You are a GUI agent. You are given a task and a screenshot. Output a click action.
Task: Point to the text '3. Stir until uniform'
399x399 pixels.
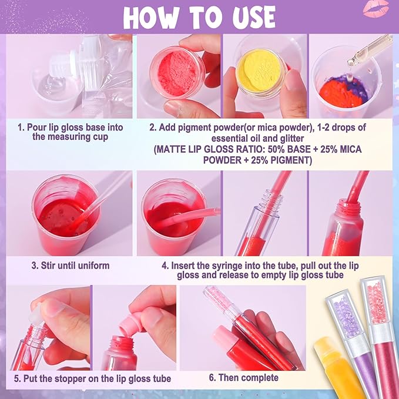70,266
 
